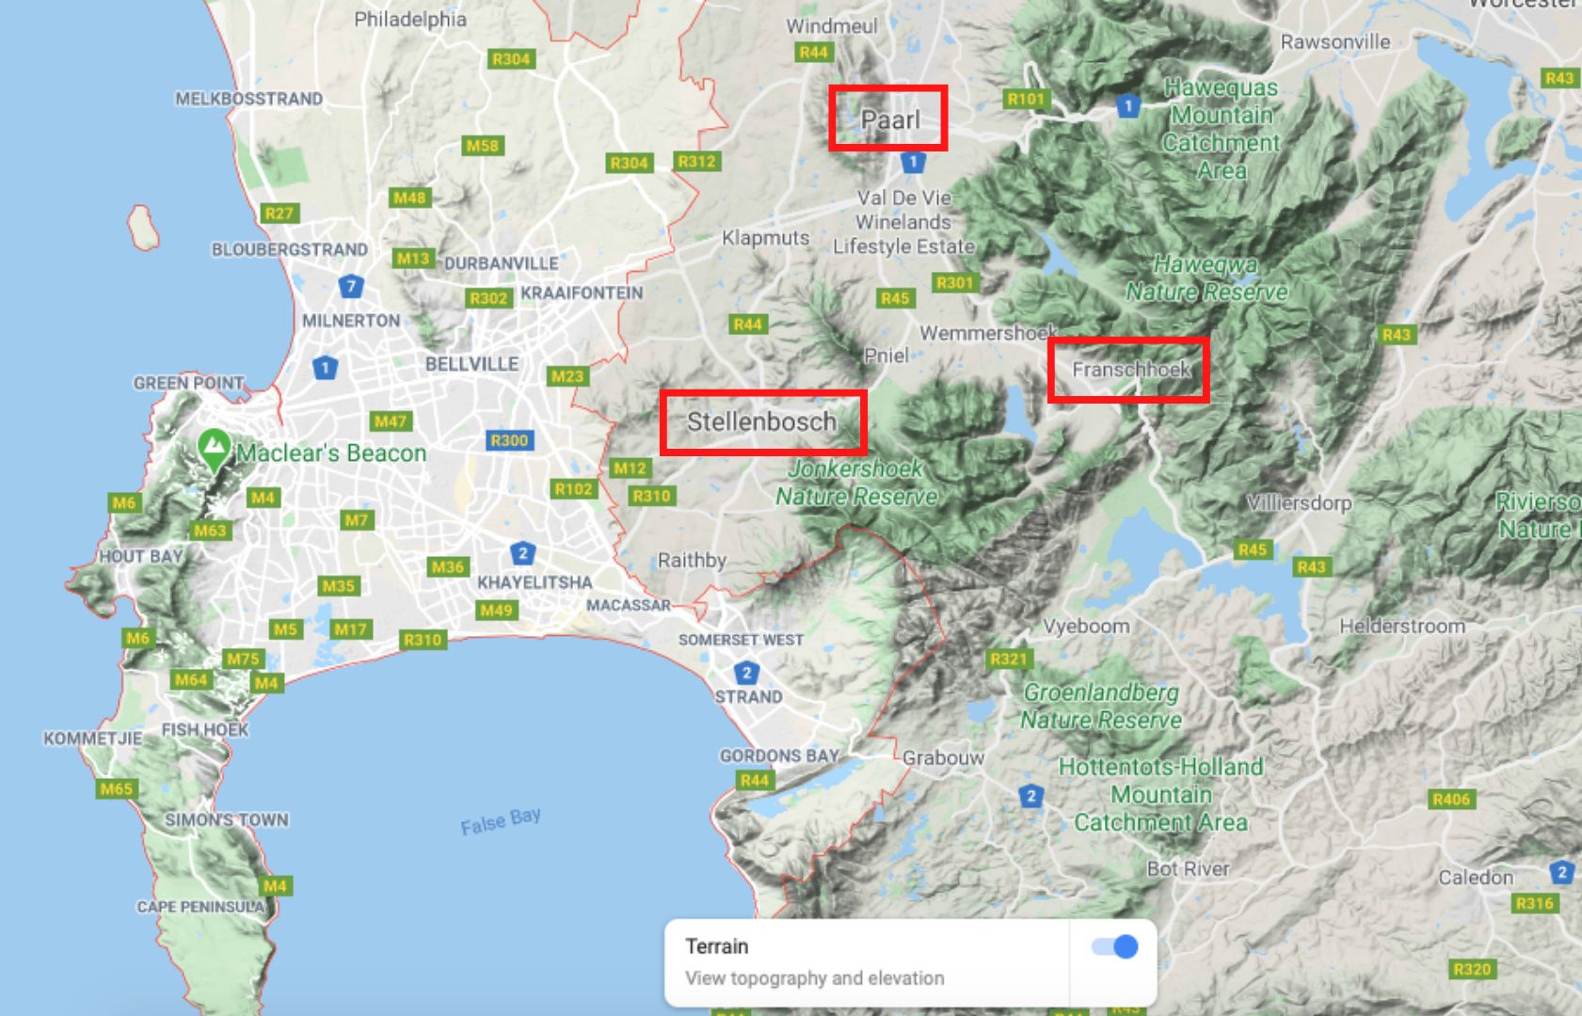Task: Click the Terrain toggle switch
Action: click(x=1115, y=946)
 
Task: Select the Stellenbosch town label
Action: click(x=761, y=421)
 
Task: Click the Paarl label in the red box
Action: click(x=889, y=119)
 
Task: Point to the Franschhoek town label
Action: click(x=1131, y=369)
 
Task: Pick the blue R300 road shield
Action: click(x=509, y=440)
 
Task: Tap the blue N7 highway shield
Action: click(x=351, y=286)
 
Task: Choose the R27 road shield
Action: click(x=279, y=214)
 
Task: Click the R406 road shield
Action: click(x=1451, y=800)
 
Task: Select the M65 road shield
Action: click(x=117, y=788)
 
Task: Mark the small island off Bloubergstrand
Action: click(x=143, y=228)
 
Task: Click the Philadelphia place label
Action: click(x=410, y=19)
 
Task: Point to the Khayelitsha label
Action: click(x=535, y=582)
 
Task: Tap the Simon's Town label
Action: click(x=227, y=819)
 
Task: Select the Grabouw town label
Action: click(x=943, y=758)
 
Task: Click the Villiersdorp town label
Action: click(x=1299, y=502)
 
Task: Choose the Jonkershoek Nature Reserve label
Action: click(x=855, y=483)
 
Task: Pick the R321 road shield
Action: click(x=1008, y=659)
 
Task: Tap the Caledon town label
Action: click(x=1476, y=878)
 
